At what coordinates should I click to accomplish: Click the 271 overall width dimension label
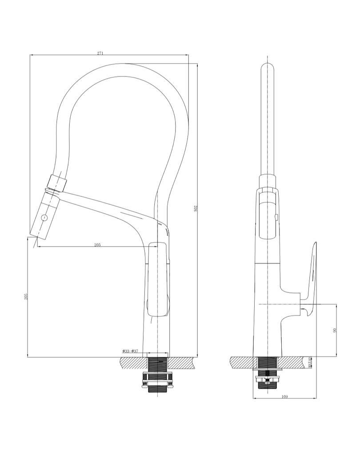coord(100,53)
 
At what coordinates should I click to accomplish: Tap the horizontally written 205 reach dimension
coord(97,245)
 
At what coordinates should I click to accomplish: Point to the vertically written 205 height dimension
coord(26,296)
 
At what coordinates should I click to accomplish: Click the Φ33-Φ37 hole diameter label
coord(130,351)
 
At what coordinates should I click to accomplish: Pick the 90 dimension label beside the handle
coord(335,330)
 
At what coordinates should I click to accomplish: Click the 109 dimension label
coord(284,396)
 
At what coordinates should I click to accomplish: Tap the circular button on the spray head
coord(44,218)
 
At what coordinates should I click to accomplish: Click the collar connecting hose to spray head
coord(58,182)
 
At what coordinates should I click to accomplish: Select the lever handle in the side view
coord(311,280)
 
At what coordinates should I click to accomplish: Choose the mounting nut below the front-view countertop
coord(157,380)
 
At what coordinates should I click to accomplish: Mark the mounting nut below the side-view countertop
coord(268,379)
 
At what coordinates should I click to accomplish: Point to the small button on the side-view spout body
coord(276,217)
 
